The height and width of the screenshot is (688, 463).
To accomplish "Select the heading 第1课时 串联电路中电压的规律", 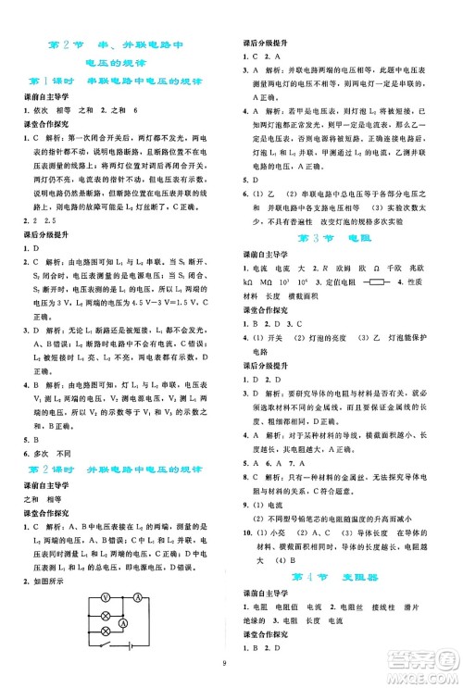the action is (x=117, y=81).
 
